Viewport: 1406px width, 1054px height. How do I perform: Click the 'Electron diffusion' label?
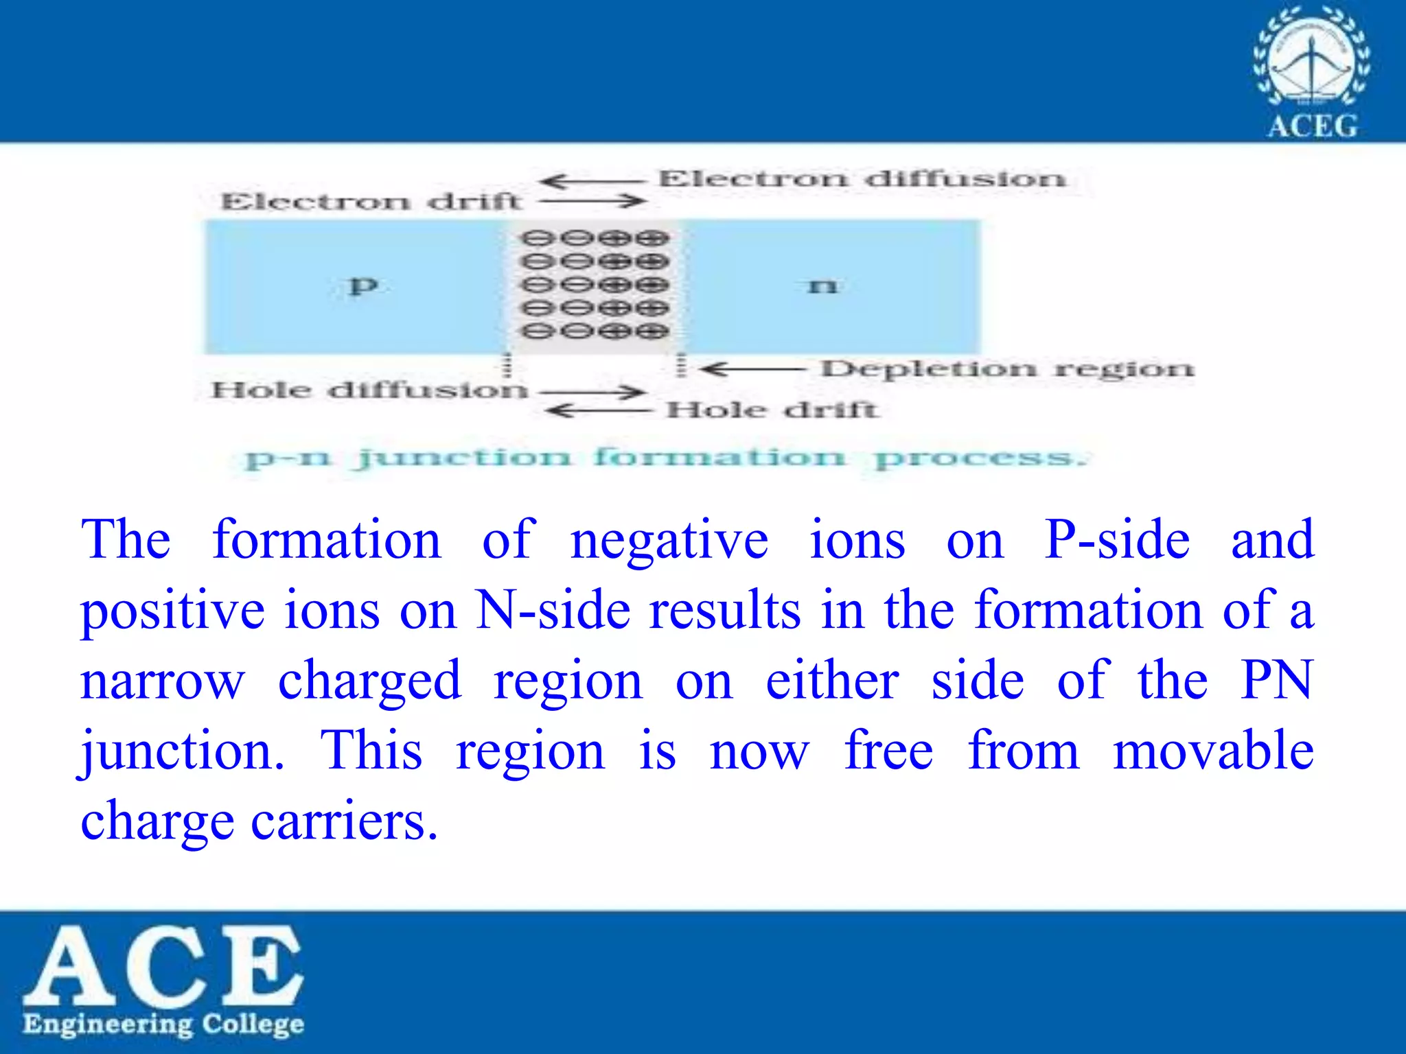tap(862, 179)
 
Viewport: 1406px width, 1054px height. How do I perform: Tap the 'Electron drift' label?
tap(371, 202)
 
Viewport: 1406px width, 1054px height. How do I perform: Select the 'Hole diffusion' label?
tap(369, 390)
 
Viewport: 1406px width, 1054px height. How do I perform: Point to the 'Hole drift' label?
tap(772, 410)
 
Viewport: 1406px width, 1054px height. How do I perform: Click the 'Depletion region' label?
tap(1008, 369)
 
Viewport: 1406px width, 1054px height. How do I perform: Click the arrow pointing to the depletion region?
tap(752, 370)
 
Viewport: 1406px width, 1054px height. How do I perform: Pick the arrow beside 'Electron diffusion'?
tap(592, 181)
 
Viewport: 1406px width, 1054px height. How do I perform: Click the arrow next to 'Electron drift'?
tap(592, 202)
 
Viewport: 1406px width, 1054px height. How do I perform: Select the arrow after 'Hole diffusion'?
tap(592, 392)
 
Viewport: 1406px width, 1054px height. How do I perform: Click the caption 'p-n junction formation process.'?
tap(666, 457)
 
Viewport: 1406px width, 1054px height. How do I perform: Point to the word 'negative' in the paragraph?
tap(669, 541)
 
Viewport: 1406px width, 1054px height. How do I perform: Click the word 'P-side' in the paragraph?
tap(1117, 540)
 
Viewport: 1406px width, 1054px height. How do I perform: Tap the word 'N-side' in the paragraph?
tap(553, 610)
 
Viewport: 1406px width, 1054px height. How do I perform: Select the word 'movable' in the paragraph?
tap(1213, 751)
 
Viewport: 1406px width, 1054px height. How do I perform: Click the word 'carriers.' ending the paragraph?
tap(344, 821)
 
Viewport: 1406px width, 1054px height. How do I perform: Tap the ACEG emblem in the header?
tap(1312, 71)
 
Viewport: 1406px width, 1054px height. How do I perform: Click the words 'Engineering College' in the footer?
tap(163, 1024)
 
